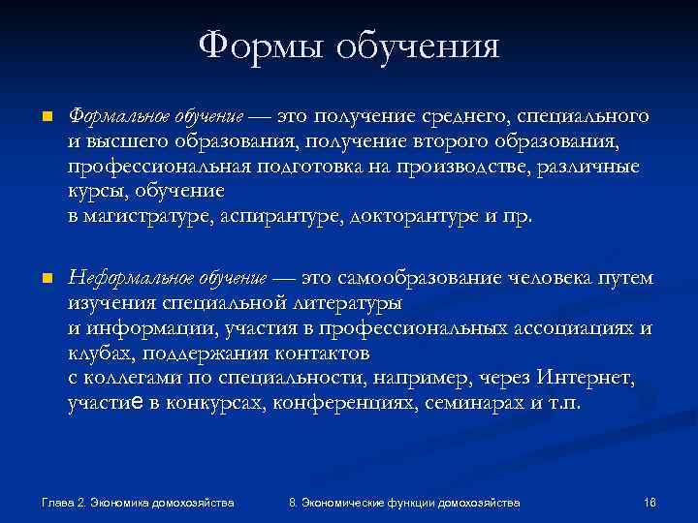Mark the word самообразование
[416, 278]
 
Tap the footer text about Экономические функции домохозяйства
[404, 503]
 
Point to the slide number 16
[650, 503]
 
